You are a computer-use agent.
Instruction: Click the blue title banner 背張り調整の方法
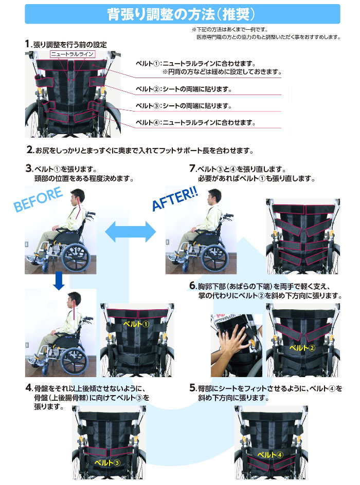182,14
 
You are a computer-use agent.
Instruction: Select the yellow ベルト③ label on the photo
107,462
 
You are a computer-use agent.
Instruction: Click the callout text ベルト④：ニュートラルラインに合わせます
195,123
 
